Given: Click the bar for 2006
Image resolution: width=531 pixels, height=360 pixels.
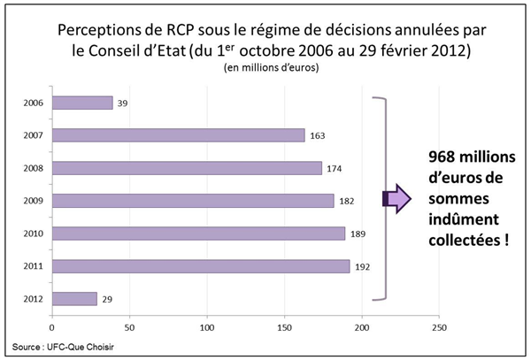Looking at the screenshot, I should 82,103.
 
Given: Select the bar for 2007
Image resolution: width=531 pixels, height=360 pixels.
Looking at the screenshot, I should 178,135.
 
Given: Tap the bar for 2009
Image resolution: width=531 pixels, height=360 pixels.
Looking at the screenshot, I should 193,201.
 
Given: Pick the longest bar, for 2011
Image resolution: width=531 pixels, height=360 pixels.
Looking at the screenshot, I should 201,265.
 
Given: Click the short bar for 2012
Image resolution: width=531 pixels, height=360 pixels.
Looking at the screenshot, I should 74,298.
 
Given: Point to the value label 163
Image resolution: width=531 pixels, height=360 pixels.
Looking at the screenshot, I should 319,136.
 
